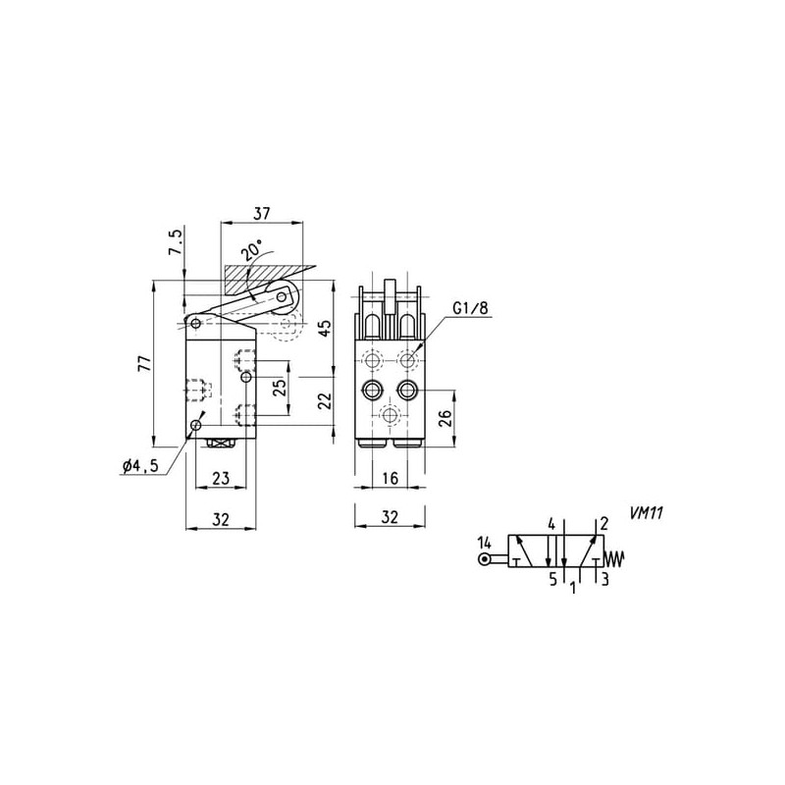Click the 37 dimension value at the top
[261, 213]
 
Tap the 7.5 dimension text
[177, 242]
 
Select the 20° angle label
[252, 250]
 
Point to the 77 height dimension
[144, 363]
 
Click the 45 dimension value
[326, 328]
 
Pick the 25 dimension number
[280, 387]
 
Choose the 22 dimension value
[326, 400]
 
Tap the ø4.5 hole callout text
[140, 465]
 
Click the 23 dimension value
[220, 478]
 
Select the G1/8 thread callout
[470, 308]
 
